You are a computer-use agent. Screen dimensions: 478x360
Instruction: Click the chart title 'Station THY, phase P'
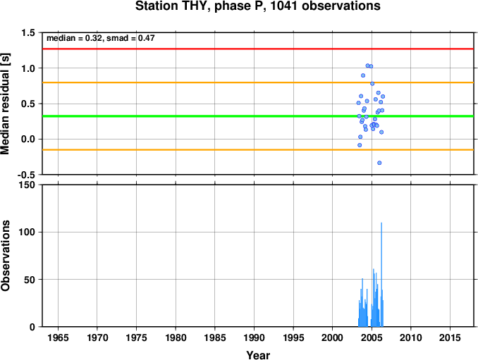click(x=201, y=6)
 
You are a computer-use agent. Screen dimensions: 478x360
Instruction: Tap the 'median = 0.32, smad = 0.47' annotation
click(x=101, y=38)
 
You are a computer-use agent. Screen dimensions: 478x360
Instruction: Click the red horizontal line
click(x=258, y=49)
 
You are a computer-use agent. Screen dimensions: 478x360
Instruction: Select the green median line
click(x=258, y=116)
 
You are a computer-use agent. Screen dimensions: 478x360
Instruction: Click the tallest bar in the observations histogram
click(x=381, y=275)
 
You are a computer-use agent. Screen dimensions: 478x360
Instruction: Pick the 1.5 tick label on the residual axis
click(x=29, y=32)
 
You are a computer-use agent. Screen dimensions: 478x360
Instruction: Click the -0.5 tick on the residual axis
click(x=26, y=175)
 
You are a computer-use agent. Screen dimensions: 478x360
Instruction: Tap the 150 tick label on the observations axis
click(x=27, y=185)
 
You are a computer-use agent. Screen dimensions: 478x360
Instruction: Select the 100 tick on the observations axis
click(x=27, y=232)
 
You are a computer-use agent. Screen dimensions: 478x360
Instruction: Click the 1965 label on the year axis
click(x=58, y=337)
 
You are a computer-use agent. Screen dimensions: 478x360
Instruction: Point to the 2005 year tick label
click(x=372, y=337)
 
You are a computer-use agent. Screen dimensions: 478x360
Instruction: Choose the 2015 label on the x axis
click(x=450, y=337)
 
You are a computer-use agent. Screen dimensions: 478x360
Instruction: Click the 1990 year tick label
click(x=254, y=337)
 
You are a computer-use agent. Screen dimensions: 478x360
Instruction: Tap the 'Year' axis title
click(x=258, y=355)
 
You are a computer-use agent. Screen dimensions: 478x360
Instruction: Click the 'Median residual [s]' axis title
click(x=5, y=104)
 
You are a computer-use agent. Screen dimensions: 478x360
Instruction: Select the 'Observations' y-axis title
click(x=5, y=256)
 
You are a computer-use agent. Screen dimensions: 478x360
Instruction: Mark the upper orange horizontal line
click(x=258, y=82)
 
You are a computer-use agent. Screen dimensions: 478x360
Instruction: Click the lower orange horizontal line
click(x=258, y=150)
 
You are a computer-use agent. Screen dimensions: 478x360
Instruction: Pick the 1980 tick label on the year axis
click(x=176, y=337)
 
